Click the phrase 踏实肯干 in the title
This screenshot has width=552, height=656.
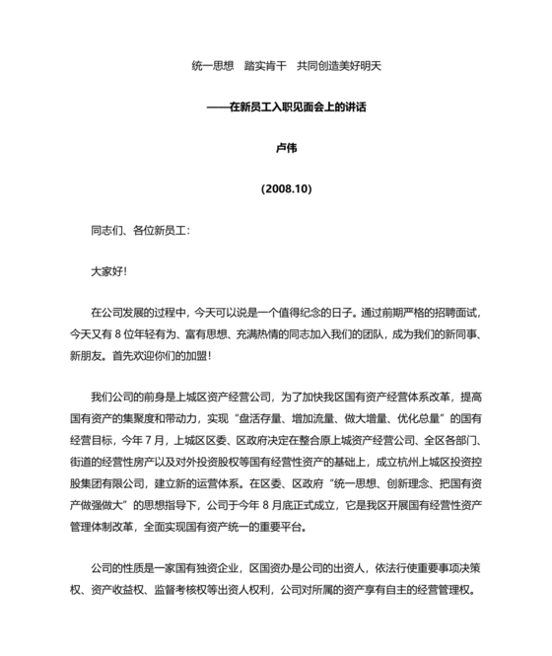[x=263, y=66]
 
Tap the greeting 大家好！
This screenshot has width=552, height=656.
[x=108, y=270]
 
